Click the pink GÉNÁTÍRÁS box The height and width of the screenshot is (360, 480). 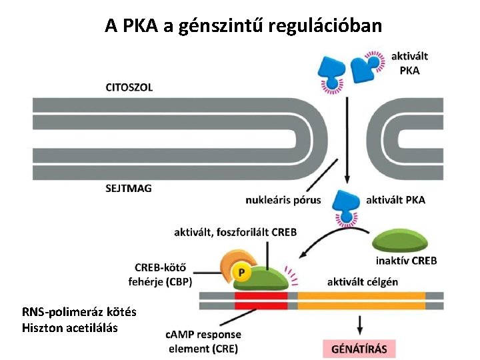(359, 349)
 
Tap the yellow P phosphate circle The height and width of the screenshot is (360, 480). (241, 272)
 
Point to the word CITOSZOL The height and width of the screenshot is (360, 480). (129, 87)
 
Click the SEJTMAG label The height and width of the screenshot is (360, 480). (129, 188)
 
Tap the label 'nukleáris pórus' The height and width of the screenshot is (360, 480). (283, 200)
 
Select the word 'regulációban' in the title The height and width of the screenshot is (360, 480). (325, 26)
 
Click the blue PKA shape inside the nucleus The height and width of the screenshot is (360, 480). (347, 206)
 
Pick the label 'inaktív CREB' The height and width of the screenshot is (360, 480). (406, 261)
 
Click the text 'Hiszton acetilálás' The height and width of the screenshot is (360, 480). (70, 328)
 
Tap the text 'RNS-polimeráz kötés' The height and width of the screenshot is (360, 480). (79, 312)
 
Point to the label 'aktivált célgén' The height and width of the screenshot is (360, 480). (363, 282)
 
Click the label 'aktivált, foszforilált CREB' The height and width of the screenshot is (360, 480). (235, 233)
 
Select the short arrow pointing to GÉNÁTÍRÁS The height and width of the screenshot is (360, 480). (360, 325)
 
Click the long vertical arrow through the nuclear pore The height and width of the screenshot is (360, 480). (347, 140)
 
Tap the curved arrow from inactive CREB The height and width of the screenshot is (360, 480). (331, 235)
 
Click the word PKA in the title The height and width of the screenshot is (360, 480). (140, 26)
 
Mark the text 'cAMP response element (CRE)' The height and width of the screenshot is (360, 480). (203, 341)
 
